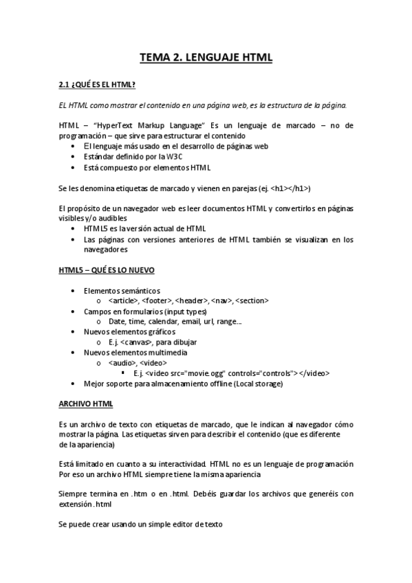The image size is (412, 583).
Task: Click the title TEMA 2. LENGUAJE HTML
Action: [x=206, y=58]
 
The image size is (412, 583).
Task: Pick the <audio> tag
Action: [x=122, y=362]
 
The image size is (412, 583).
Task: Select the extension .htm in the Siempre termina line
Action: [x=141, y=494]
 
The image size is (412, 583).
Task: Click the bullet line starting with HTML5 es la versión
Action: [x=144, y=228]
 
